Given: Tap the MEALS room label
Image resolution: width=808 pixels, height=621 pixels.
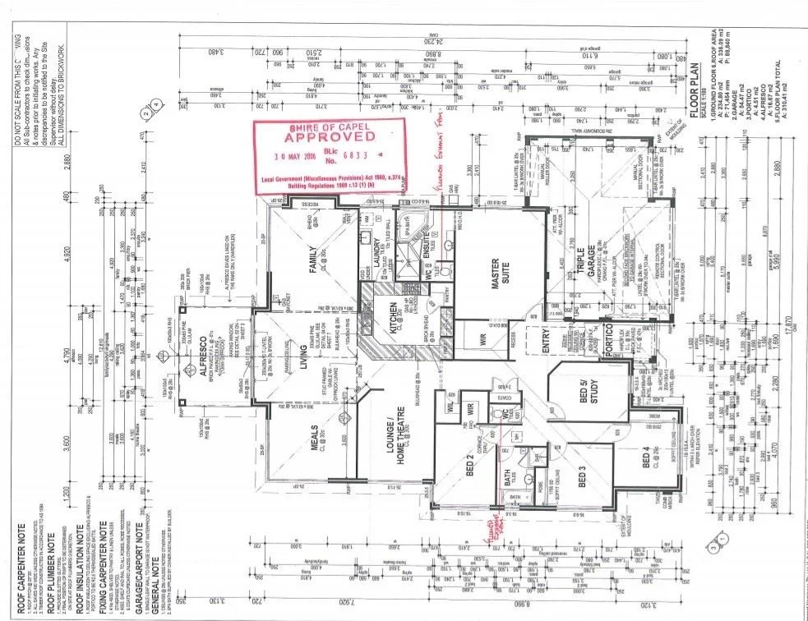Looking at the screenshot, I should (314, 451).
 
